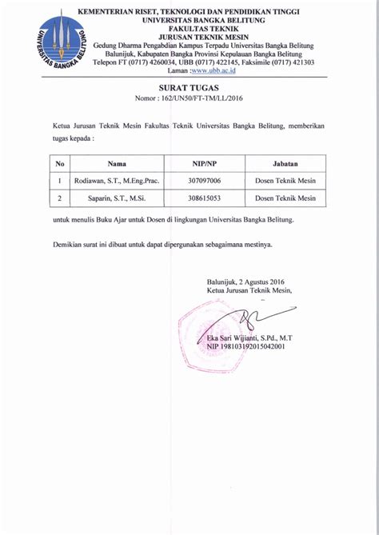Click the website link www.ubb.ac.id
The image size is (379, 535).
pyautogui.click(x=213, y=70)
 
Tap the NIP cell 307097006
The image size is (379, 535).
pyautogui.click(x=205, y=180)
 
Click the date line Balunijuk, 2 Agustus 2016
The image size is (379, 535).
pyautogui.click(x=245, y=281)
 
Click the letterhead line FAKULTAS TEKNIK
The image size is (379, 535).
pyautogui.click(x=190, y=27)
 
